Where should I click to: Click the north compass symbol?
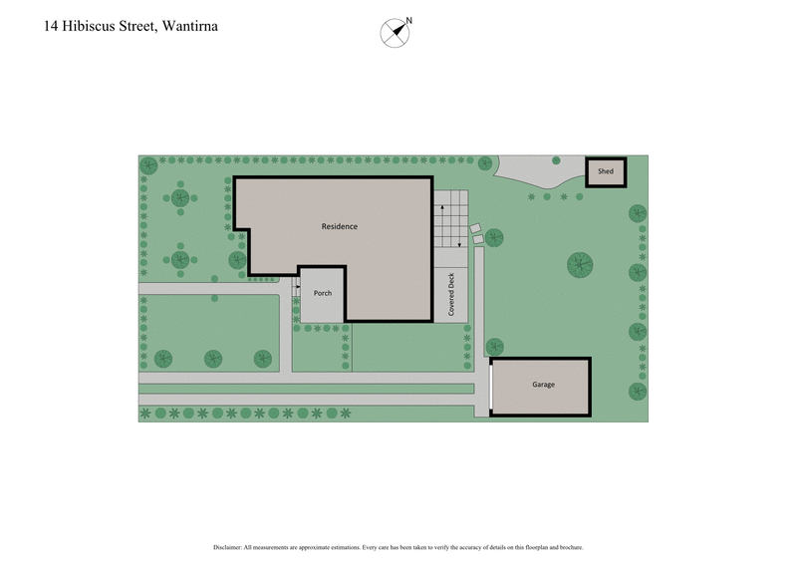click(395, 32)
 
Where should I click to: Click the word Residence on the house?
click(339, 227)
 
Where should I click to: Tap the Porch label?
click(323, 293)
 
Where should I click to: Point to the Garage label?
click(543, 385)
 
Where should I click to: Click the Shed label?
click(605, 172)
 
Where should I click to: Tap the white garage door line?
click(491, 386)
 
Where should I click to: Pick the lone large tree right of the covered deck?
click(581, 264)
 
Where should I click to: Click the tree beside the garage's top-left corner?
click(493, 346)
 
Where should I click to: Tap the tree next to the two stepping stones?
click(493, 237)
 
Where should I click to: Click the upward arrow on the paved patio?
click(443, 207)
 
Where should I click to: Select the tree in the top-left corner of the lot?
click(148, 164)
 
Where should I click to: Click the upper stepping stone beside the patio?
click(474, 228)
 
